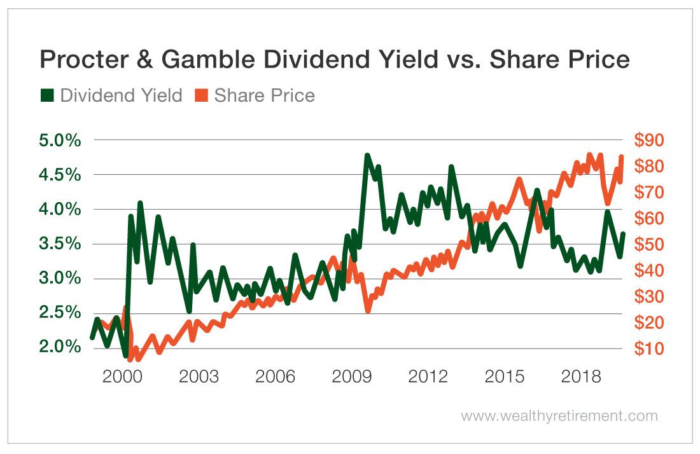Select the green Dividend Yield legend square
pyautogui.click(x=47, y=95)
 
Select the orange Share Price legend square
pyautogui.click(x=202, y=95)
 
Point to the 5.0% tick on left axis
pyautogui.click(x=61, y=140)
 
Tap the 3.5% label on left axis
pyautogui.click(x=61, y=244)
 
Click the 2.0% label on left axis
pyautogui.click(x=61, y=348)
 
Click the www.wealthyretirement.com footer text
pyautogui.click(x=559, y=416)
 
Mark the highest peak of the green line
pyautogui.click(x=367, y=155)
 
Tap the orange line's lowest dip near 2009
pyautogui.click(x=368, y=310)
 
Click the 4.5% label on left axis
pyautogui.click(x=61, y=175)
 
